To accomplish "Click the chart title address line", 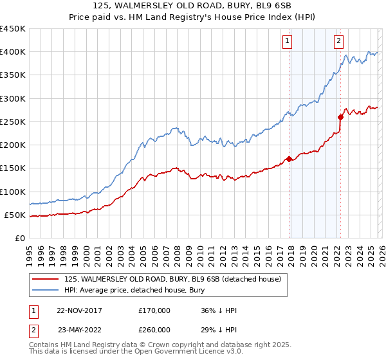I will point(193,6).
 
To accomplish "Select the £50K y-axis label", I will point(15,215).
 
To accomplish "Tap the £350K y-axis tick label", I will point(13,75).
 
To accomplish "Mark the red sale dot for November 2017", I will point(289,159).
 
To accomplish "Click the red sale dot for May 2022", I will point(340,117).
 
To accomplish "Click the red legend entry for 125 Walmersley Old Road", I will point(172,280).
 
